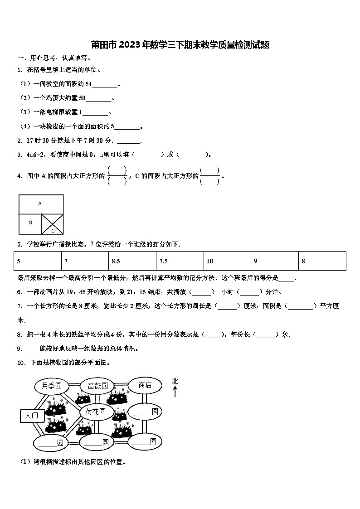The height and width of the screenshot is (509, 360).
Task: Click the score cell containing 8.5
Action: [x=133, y=261]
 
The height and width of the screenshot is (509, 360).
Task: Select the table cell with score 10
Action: [x=227, y=261]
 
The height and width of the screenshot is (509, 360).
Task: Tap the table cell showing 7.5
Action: [x=180, y=261]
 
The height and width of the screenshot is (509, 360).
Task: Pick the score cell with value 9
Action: [x=274, y=261]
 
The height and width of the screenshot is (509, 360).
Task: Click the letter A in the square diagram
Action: [x=40, y=204]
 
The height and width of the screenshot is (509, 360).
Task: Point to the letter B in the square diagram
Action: [x=30, y=223]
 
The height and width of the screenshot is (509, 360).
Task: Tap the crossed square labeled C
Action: [x=52, y=224]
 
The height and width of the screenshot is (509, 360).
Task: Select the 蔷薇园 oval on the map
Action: [x=97, y=386]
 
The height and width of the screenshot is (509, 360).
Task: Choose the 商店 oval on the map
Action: [x=145, y=385]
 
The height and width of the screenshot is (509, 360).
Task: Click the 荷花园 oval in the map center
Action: [x=96, y=412]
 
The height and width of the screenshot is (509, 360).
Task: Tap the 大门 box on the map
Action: [x=31, y=415]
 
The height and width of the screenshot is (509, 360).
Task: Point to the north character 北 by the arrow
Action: [x=175, y=382]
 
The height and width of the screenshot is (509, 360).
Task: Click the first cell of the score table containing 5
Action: [x=38, y=261]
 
